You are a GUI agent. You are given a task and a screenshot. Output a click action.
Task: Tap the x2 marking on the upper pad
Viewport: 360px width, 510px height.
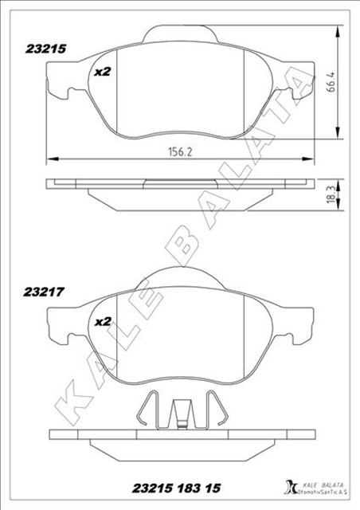(x=102, y=72)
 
